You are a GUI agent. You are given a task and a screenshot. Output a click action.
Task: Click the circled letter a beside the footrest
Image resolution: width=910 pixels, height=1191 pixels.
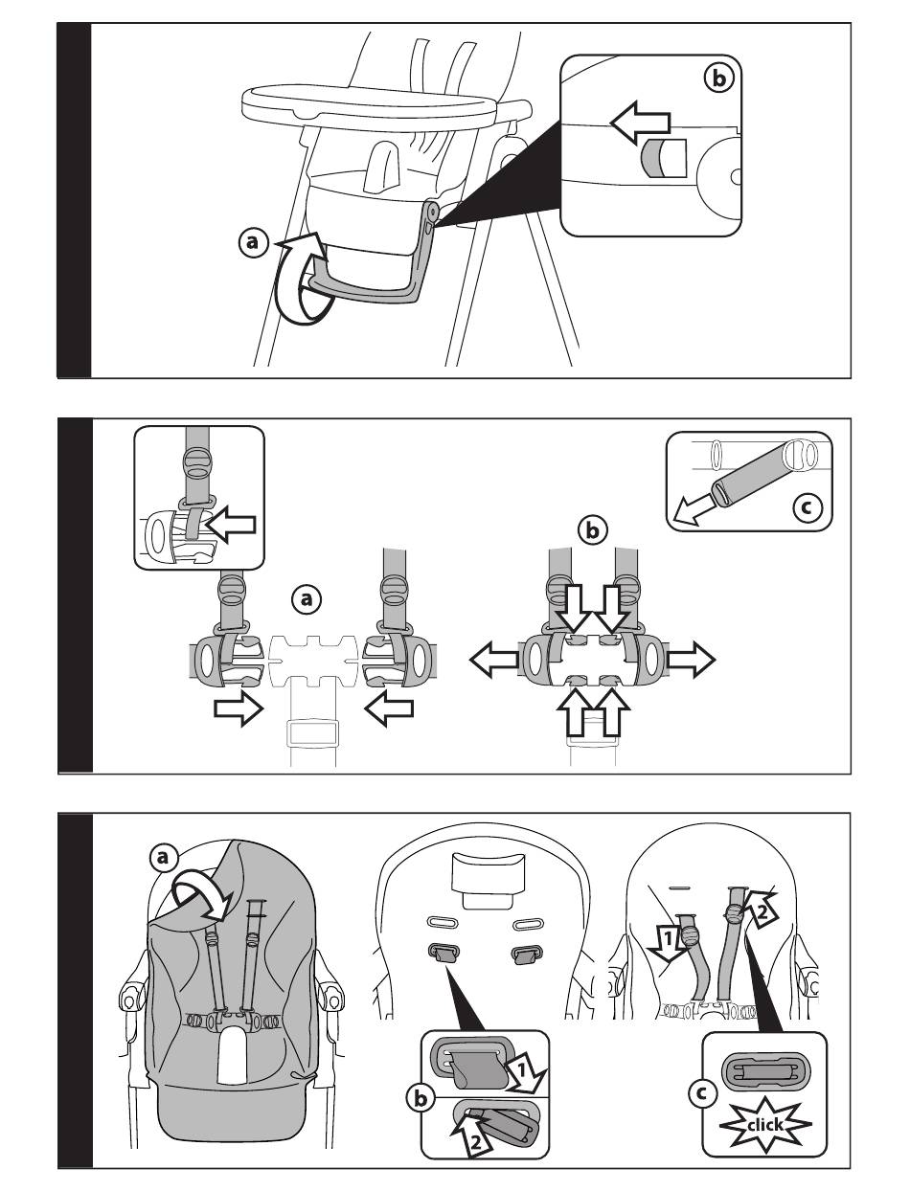253,244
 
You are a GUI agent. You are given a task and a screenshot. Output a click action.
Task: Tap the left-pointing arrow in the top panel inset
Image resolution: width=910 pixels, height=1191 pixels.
640,123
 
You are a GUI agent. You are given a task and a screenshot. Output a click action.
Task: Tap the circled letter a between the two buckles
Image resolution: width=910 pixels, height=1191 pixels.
307,599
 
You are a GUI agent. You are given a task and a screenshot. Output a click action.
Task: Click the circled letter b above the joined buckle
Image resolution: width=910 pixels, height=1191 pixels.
592,528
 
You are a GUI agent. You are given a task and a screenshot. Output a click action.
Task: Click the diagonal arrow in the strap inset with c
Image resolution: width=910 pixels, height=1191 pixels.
693,506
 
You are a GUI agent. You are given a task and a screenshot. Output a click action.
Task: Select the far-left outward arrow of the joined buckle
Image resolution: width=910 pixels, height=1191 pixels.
492,659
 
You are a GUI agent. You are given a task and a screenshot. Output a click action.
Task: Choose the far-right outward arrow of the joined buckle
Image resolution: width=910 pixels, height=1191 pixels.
691,659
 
